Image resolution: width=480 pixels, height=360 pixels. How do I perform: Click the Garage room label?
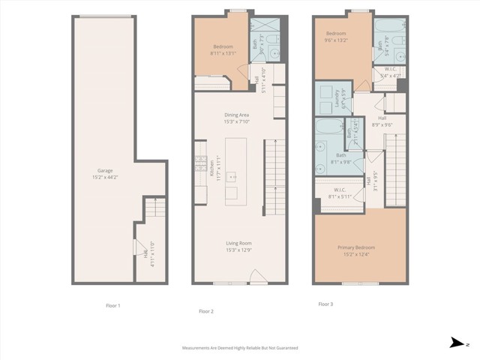coord(104,170)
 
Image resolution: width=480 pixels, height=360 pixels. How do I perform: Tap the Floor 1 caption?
coord(113,305)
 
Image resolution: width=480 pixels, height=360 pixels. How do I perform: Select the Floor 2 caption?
coord(206,310)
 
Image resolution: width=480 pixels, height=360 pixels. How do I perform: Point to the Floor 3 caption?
coord(325,304)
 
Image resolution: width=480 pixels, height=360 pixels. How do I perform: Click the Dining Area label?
coord(236,114)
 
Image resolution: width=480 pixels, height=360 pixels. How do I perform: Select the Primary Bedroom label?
coord(356,247)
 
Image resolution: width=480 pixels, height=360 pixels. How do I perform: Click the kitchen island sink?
coord(232,177)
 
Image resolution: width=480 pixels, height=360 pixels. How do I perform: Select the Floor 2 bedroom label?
coord(223,46)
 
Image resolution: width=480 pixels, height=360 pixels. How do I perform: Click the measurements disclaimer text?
coord(240,348)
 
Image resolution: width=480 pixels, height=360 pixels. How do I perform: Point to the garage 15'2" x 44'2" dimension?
coord(104,177)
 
